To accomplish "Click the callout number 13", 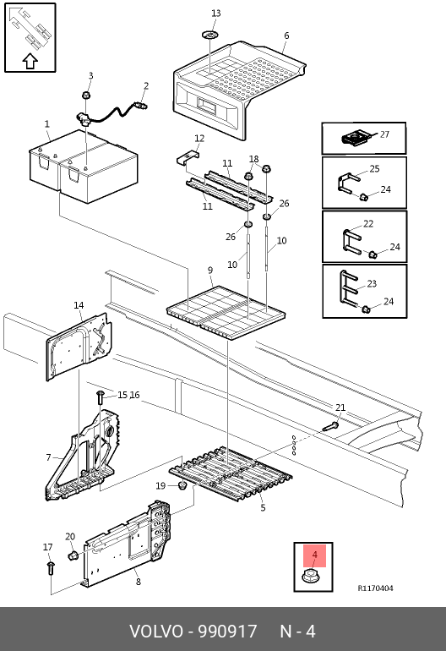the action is click(215, 14).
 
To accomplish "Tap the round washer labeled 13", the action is click(211, 35).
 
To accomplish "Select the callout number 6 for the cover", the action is click(286, 36).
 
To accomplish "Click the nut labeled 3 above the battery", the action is click(86, 95).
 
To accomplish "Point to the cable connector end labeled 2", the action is click(141, 106).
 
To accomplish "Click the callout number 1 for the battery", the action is click(47, 123).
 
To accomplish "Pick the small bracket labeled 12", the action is click(188, 158).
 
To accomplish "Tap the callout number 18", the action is click(254, 159).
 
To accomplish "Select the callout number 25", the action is click(374, 169).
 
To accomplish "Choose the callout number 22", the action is click(368, 224).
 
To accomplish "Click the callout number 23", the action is click(372, 283).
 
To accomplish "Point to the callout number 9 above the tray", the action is click(210, 271).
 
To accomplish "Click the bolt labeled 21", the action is click(330, 426).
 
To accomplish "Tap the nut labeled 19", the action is click(182, 485).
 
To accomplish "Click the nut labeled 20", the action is click(73, 555).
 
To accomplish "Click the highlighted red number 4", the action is click(314, 555).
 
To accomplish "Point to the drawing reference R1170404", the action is click(376, 588).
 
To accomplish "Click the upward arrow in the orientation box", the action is click(30, 62).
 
